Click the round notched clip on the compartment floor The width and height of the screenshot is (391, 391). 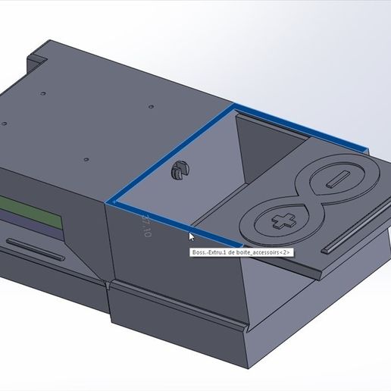[x=181, y=171]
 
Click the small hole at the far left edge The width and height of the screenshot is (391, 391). [x=5, y=124]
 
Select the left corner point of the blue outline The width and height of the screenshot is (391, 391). [x=111, y=202]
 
